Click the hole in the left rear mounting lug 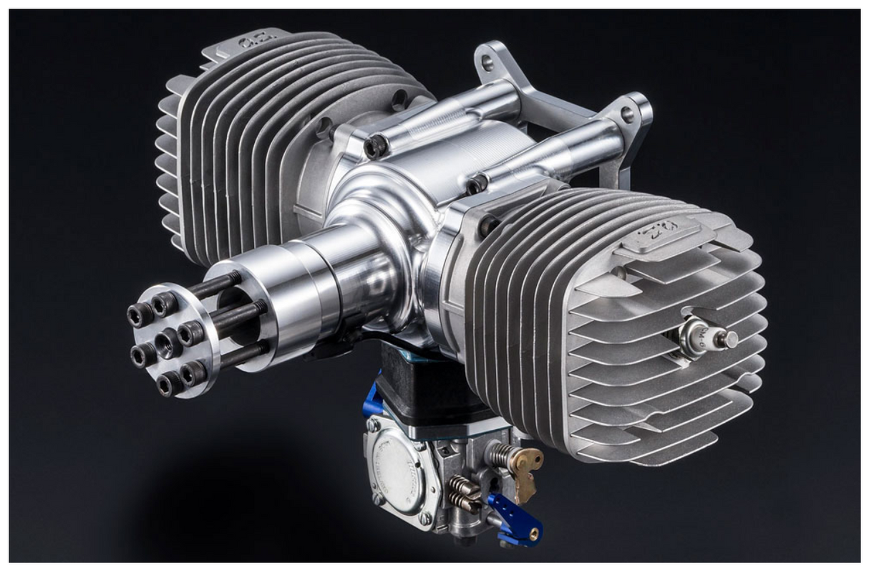(488, 64)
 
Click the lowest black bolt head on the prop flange (170, 385)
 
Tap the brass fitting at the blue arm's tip (533, 533)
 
